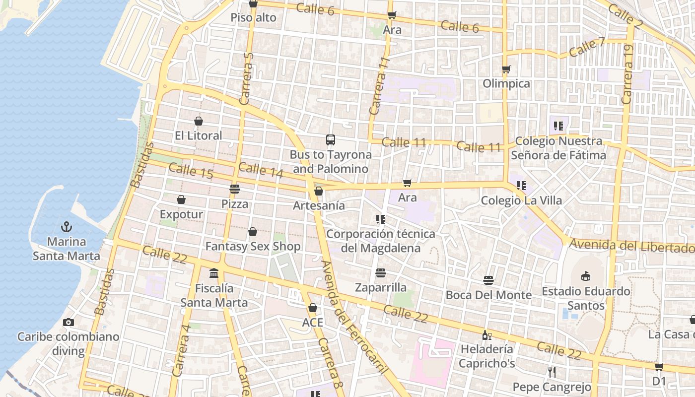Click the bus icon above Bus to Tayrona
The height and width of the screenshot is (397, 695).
[x=331, y=139]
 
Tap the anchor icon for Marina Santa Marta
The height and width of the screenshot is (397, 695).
[x=67, y=227]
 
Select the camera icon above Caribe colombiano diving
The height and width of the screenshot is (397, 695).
[x=69, y=322]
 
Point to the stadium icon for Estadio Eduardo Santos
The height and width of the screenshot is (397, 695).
[x=586, y=276]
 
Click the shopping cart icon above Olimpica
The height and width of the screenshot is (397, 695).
[x=506, y=69]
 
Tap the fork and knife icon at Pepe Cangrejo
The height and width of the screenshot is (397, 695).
[x=552, y=372]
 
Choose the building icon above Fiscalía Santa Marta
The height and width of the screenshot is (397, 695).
[x=214, y=273]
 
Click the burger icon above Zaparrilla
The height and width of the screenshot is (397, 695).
[x=381, y=272]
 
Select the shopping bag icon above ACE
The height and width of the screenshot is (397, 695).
[x=312, y=308]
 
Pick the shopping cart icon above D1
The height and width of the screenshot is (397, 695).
[x=659, y=367]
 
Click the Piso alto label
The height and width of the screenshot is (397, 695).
[x=253, y=18]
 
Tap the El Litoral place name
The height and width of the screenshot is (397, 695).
[x=199, y=135]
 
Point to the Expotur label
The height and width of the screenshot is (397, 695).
[x=181, y=214]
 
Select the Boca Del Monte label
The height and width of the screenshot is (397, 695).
[x=488, y=295]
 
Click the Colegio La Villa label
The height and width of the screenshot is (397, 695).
[x=521, y=200]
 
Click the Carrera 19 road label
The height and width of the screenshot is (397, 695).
[x=627, y=74]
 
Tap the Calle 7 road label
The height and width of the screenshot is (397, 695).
[x=587, y=47]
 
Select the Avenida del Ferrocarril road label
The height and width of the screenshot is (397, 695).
[x=353, y=318]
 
